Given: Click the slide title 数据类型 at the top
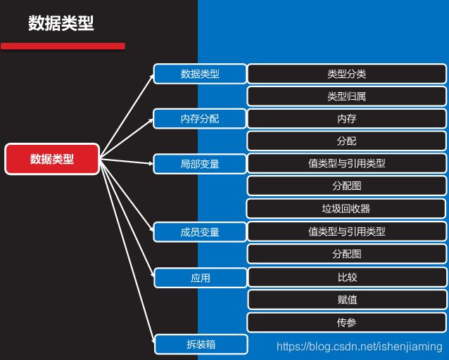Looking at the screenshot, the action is click(x=61, y=23).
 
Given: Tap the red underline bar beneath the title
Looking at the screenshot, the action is click(x=63, y=46).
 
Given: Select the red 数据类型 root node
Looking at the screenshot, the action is click(x=52, y=159).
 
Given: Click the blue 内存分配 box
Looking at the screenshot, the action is click(x=200, y=119).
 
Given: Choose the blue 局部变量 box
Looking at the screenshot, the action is click(x=200, y=164).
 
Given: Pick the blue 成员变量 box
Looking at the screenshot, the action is click(x=200, y=232).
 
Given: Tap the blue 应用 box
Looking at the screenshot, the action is click(x=200, y=278).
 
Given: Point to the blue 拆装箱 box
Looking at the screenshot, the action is click(x=201, y=345).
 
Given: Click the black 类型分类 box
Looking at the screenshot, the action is click(x=347, y=74).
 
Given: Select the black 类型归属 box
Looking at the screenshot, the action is click(x=347, y=96).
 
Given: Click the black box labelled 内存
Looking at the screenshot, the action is click(x=347, y=119).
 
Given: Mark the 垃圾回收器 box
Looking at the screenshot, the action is click(x=347, y=209).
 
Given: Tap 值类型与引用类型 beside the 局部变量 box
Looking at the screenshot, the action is click(x=347, y=164).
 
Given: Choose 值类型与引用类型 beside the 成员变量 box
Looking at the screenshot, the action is click(x=347, y=231).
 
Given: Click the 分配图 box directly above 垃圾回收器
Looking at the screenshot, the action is click(x=347, y=186).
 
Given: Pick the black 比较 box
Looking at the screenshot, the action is click(x=347, y=277).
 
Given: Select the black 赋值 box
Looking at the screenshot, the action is click(x=347, y=300).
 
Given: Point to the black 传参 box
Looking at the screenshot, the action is click(x=347, y=322).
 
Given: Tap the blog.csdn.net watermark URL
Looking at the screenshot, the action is click(x=359, y=347).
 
